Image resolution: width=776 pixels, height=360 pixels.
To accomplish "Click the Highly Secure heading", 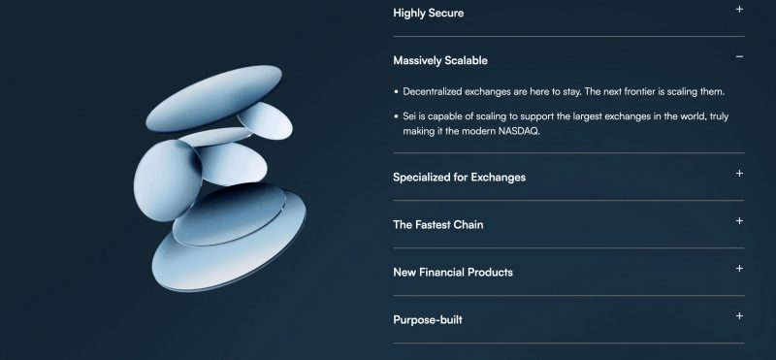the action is pyautogui.click(x=428, y=14).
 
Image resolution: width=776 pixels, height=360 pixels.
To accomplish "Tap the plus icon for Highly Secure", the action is pyautogui.click(x=739, y=9).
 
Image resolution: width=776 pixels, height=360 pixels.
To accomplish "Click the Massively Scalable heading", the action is pyautogui.click(x=440, y=60).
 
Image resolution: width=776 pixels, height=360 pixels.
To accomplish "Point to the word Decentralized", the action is pyautogui.click(x=433, y=91).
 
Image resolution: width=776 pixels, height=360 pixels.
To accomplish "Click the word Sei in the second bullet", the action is pyautogui.click(x=408, y=116).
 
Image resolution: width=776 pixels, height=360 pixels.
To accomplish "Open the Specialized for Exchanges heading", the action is pyautogui.click(x=459, y=178).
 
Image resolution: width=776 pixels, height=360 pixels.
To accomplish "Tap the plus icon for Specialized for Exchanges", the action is pyautogui.click(x=739, y=174).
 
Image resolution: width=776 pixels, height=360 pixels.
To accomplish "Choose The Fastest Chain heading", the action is pyautogui.click(x=438, y=225).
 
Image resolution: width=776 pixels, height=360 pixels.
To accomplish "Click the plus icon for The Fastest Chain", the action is pyautogui.click(x=739, y=221).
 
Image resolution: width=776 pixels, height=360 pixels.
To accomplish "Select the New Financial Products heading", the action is pyautogui.click(x=453, y=273).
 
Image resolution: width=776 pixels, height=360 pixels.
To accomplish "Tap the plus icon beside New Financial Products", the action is pyautogui.click(x=739, y=269).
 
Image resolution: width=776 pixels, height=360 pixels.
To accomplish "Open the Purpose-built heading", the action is pyautogui.click(x=428, y=320).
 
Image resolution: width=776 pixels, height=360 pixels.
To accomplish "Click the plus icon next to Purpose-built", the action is pyautogui.click(x=739, y=316).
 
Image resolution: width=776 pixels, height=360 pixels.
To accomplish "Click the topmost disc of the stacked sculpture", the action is pyautogui.click(x=213, y=98).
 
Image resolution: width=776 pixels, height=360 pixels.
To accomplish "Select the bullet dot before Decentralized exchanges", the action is pyautogui.click(x=397, y=92).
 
